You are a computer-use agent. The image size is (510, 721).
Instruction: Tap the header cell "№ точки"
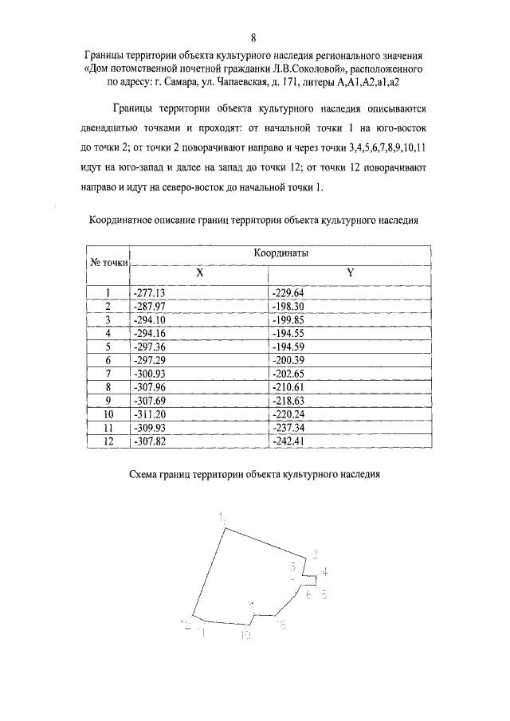(x=108, y=261)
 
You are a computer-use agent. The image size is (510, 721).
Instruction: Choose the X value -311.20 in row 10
(x=149, y=415)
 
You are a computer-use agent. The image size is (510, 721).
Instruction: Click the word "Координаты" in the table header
(x=280, y=253)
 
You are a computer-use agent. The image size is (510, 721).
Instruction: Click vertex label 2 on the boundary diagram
(x=314, y=554)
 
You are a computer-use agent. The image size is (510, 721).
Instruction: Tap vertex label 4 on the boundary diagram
(x=323, y=572)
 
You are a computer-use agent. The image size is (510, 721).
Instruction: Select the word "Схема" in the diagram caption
(x=146, y=475)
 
